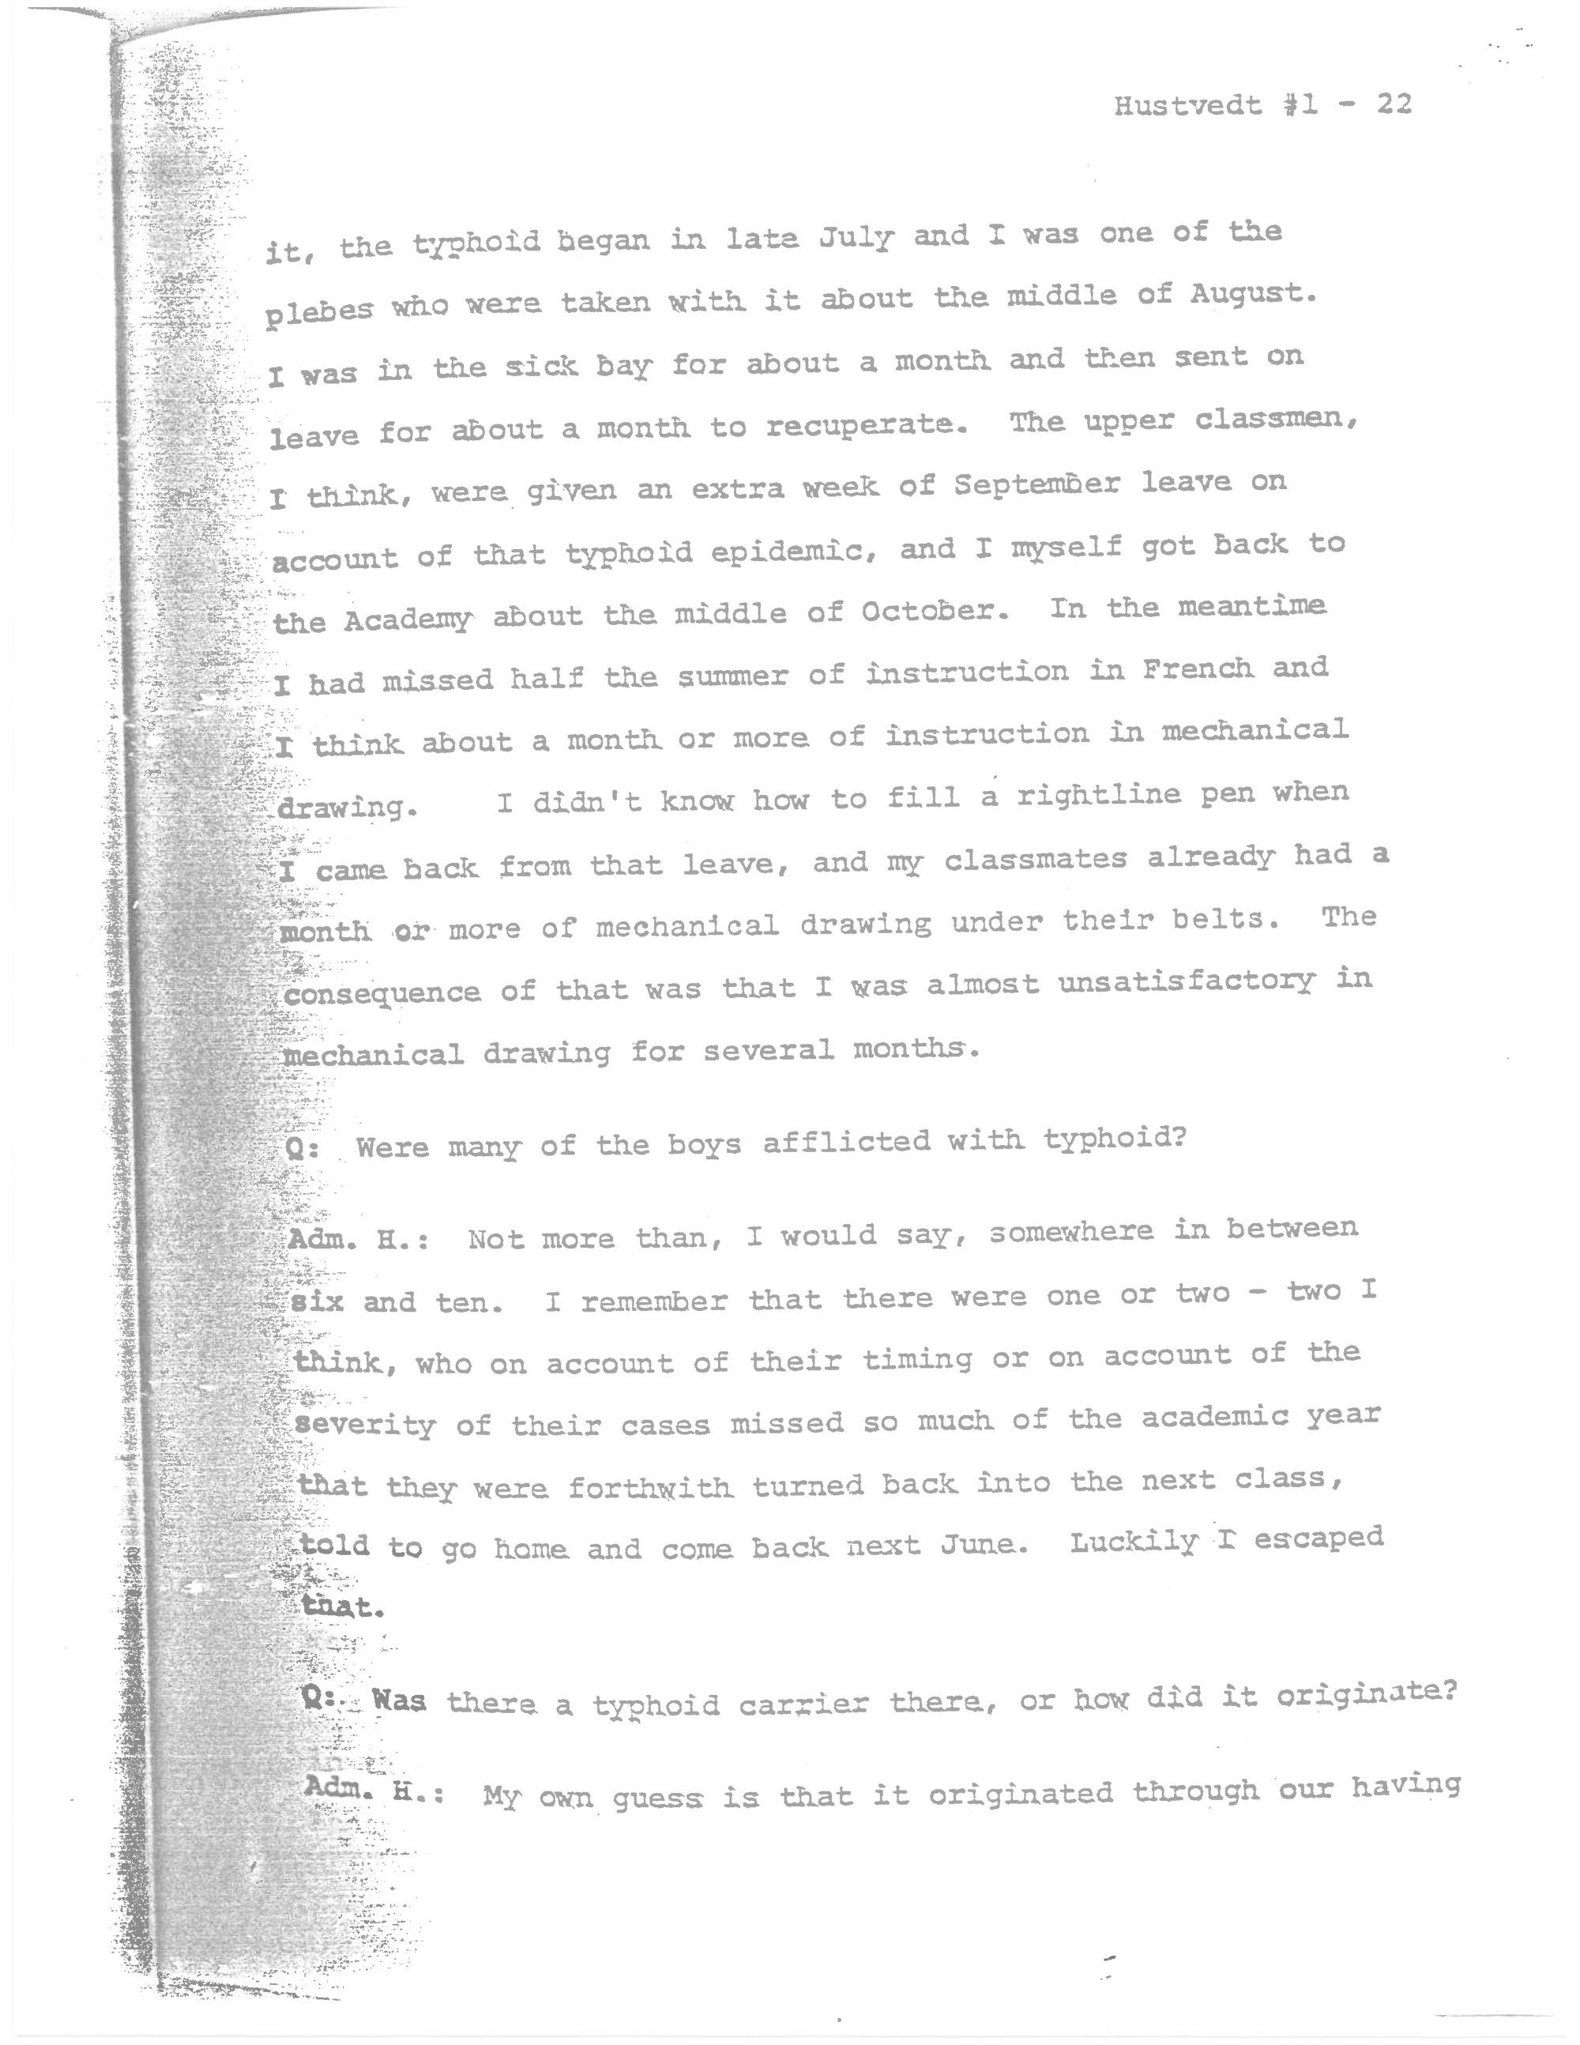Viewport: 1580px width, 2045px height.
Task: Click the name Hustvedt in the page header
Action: click(x=1187, y=106)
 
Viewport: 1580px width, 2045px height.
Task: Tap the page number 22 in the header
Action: click(x=1394, y=104)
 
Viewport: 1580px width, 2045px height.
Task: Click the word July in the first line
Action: click(x=856, y=239)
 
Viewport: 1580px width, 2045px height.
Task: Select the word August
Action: click(x=1245, y=295)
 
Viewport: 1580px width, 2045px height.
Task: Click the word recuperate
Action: click(x=866, y=426)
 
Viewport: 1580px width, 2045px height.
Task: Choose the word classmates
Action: click(x=1034, y=860)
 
